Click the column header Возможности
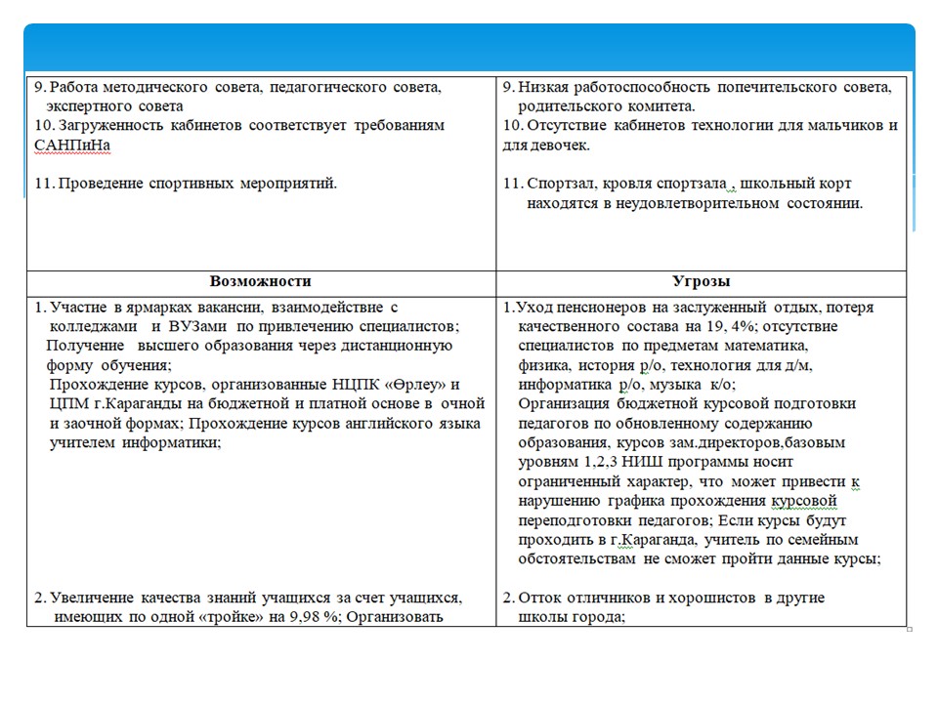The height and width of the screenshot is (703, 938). pos(261,281)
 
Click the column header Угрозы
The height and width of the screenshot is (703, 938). pos(702,281)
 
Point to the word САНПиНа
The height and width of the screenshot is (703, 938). pos(68,145)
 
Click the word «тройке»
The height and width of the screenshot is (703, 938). pos(221,616)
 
